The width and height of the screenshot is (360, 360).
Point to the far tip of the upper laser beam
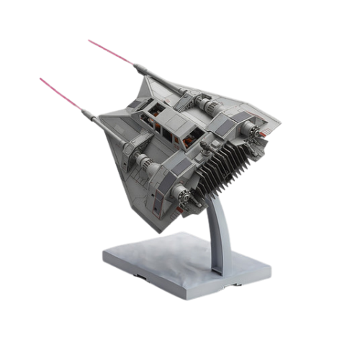[x=89, y=40]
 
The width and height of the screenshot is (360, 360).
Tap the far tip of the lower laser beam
[x=40, y=78]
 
